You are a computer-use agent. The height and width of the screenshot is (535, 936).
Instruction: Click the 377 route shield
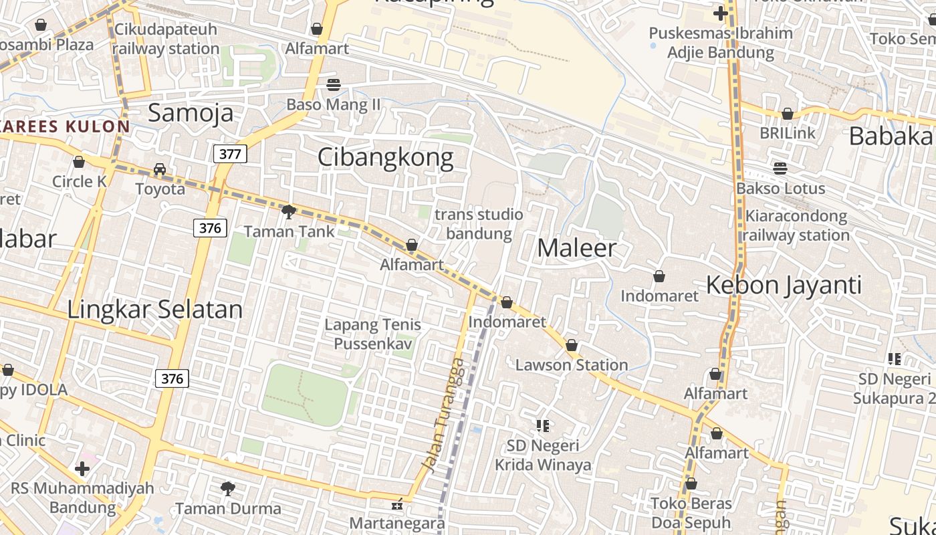230,154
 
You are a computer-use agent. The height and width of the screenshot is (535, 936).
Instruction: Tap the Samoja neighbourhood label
191,112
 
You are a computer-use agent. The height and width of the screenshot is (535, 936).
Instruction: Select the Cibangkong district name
385,157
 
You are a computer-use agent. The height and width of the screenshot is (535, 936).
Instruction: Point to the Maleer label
576,248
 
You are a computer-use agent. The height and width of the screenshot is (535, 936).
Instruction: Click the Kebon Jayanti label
784,285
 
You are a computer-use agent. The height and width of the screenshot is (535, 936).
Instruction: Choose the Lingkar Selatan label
155,309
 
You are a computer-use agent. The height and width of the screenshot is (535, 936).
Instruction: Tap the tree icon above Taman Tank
289,212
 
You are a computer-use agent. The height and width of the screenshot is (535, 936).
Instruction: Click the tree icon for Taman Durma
228,489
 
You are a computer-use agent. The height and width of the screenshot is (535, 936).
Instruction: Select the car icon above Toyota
160,169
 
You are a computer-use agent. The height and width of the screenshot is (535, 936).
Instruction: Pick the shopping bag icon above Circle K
79,162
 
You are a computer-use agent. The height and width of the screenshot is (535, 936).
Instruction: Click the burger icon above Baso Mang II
333,85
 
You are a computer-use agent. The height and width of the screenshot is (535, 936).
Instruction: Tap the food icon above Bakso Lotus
780,168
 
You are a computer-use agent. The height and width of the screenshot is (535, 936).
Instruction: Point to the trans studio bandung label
479,224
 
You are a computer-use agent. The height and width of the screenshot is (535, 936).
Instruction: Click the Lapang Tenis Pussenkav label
372,334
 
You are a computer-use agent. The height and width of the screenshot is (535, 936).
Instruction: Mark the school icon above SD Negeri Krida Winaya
542,425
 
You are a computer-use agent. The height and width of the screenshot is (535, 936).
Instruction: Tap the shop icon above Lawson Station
572,346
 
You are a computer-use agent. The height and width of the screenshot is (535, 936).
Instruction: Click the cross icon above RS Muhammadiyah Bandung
82,469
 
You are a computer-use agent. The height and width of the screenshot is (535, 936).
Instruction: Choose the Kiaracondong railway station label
796,225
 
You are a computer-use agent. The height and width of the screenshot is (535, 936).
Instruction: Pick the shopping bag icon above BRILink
788,114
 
